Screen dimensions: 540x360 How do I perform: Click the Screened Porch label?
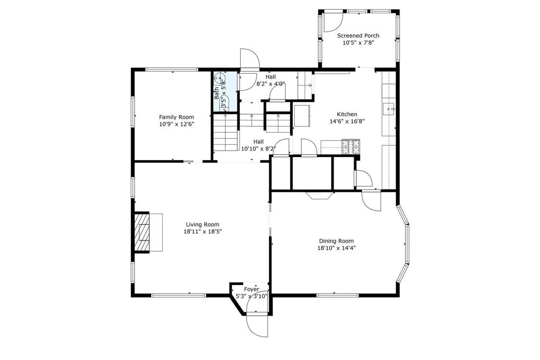358,36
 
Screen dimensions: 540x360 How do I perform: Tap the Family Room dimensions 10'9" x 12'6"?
177,124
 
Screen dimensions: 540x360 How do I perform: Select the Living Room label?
203,224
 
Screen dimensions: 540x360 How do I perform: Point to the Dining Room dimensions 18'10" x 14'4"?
336,248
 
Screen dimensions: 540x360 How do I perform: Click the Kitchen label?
347,114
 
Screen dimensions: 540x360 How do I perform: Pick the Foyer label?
251,289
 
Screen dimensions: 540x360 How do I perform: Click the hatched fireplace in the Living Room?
142,232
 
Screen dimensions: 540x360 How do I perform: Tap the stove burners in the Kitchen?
350,146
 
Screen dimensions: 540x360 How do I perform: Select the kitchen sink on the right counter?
389,109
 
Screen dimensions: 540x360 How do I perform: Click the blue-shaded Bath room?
225,91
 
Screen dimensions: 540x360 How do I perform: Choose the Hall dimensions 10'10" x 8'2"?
259,149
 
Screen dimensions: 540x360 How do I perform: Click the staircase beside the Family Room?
226,132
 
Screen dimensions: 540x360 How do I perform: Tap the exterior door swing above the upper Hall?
250,60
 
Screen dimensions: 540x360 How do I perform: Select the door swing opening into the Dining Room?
371,201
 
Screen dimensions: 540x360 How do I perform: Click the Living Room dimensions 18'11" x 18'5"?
203,232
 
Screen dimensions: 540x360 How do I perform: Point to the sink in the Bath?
219,79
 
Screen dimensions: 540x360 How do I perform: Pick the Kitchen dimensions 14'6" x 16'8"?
347,121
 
